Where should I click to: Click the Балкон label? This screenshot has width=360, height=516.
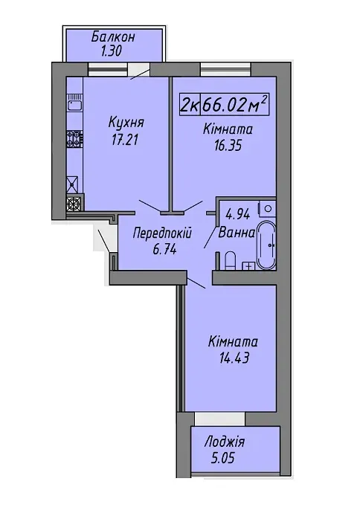[x=113, y=36]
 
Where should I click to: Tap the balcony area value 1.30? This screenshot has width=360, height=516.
[x=112, y=51]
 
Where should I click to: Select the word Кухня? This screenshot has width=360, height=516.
[x=126, y=123]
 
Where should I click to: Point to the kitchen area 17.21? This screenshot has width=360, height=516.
[x=124, y=141]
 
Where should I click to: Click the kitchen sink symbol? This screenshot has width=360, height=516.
[x=74, y=103]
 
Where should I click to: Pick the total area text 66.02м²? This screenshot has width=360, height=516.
[x=234, y=105]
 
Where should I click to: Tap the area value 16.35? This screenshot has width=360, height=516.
[x=228, y=145]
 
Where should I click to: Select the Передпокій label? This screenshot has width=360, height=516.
[x=162, y=233]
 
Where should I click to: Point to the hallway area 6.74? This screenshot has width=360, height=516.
[x=164, y=250]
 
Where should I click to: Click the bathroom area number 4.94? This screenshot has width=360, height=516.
[x=237, y=215]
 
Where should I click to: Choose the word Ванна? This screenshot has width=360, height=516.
[x=237, y=233]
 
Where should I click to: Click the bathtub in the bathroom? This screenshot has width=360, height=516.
[x=266, y=245]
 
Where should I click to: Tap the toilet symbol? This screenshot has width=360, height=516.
[x=230, y=261]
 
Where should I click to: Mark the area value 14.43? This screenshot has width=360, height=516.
[x=234, y=358]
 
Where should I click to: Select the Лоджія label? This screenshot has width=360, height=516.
[x=225, y=442]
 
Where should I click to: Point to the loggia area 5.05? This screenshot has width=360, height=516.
[x=223, y=458]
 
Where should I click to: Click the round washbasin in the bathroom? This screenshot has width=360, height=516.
[x=268, y=208]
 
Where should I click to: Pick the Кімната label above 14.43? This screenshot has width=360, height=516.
[x=233, y=342]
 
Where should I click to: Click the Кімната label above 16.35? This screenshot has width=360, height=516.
[x=228, y=129]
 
